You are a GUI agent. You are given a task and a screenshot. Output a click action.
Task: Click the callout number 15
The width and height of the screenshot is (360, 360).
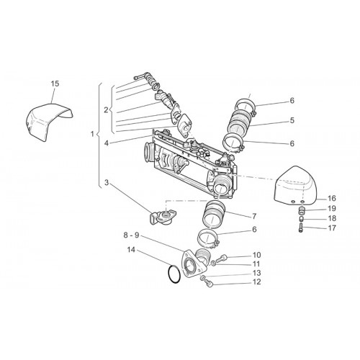(x=55, y=84)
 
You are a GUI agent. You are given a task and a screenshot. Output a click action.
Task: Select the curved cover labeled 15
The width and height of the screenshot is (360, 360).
(x=48, y=121)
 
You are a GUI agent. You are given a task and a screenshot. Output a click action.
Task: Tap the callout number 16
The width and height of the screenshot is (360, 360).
(x=332, y=199)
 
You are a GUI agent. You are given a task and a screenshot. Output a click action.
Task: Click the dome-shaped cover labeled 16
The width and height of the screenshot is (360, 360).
(x=296, y=186)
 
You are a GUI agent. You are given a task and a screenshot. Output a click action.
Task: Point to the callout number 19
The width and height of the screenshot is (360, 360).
(x=332, y=209)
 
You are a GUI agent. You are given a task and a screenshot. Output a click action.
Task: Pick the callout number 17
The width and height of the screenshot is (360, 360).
(x=332, y=228)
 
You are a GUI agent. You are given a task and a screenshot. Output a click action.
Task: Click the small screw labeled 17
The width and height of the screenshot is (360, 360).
(x=302, y=227)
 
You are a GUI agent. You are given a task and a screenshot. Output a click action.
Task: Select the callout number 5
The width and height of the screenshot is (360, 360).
(x=292, y=120)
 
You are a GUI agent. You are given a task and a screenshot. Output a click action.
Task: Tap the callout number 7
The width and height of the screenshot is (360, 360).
(x=254, y=216)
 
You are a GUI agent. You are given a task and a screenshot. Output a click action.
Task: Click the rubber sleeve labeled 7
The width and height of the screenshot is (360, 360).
(x=214, y=214)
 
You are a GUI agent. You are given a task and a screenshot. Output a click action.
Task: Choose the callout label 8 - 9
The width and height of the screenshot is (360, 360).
(x=131, y=235)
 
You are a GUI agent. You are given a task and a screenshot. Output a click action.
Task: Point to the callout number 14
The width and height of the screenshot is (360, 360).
(x=131, y=250)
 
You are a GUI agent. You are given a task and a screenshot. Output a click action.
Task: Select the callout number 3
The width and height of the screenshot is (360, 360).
(x=107, y=183)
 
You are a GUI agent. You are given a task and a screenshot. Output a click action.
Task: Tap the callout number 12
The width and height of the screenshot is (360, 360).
(x=256, y=282)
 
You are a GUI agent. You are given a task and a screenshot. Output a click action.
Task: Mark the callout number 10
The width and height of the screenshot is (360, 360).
(x=256, y=255)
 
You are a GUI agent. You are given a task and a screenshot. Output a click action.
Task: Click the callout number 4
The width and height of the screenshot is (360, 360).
(x=107, y=143)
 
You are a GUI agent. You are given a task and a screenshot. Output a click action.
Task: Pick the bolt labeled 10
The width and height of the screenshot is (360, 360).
(x=221, y=258)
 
